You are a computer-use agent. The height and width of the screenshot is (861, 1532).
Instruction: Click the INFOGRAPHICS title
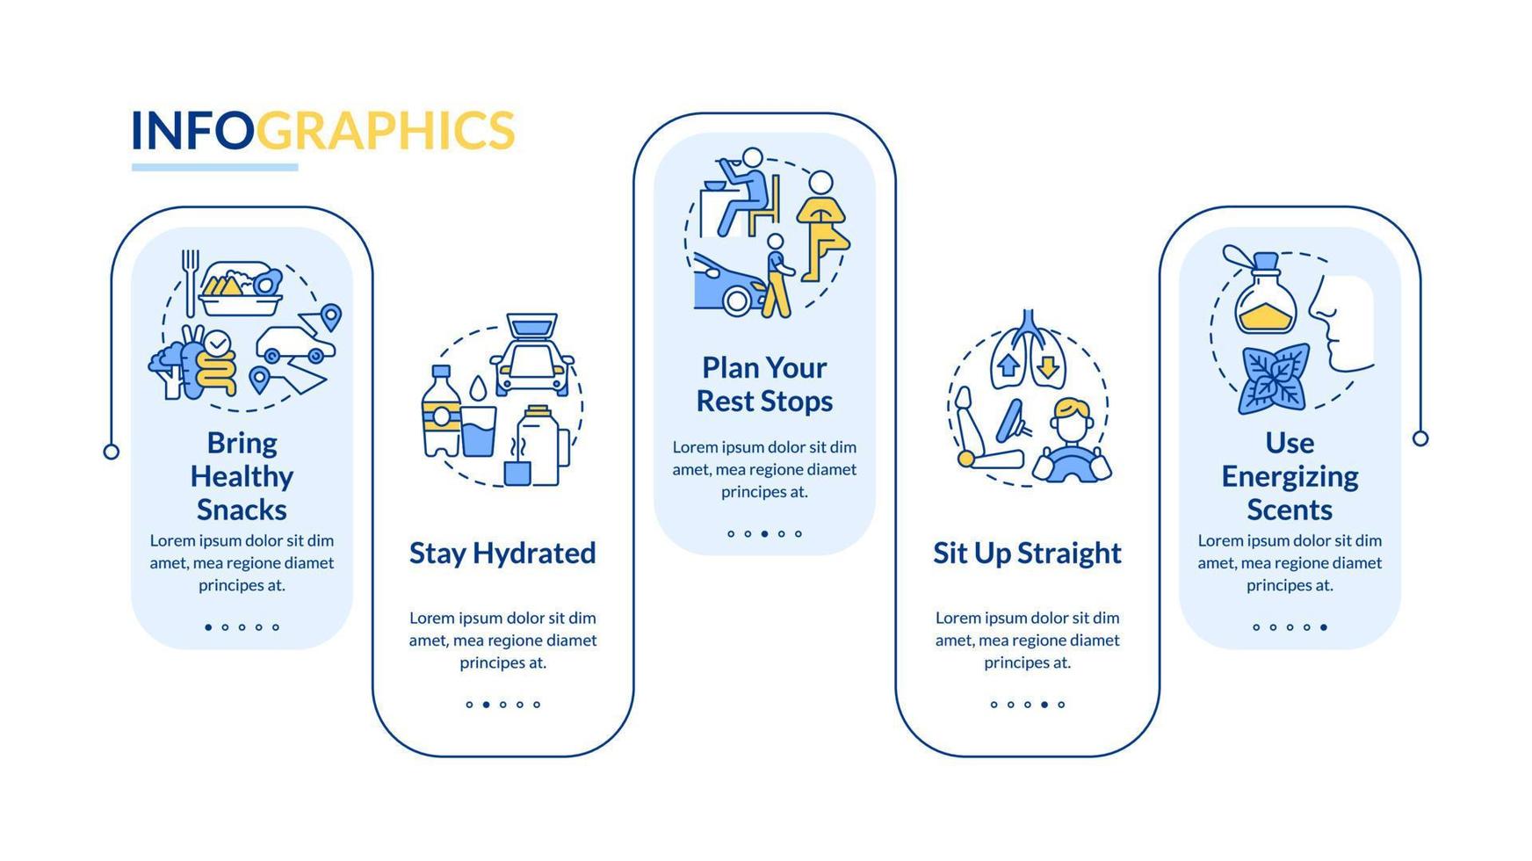[322, 130]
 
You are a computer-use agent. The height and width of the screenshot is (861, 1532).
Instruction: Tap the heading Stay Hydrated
[502, 553]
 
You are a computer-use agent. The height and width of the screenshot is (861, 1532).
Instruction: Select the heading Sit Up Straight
[1027, 553]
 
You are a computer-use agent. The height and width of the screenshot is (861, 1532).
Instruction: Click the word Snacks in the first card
[242, 510]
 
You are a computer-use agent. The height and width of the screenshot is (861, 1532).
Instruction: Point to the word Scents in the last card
[1290, 510]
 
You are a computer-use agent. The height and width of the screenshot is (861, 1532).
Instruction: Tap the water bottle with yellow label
[441, 411]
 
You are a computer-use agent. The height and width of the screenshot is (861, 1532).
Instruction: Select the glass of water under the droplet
[479, 430]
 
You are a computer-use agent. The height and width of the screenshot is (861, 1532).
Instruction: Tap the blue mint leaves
[1273, 380]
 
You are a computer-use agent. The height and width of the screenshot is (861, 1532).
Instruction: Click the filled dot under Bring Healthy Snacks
[208, 627]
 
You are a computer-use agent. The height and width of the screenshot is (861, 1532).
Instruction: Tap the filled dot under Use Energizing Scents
[1324, 627]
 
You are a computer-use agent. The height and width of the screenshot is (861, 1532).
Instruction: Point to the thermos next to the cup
[538, 445]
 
